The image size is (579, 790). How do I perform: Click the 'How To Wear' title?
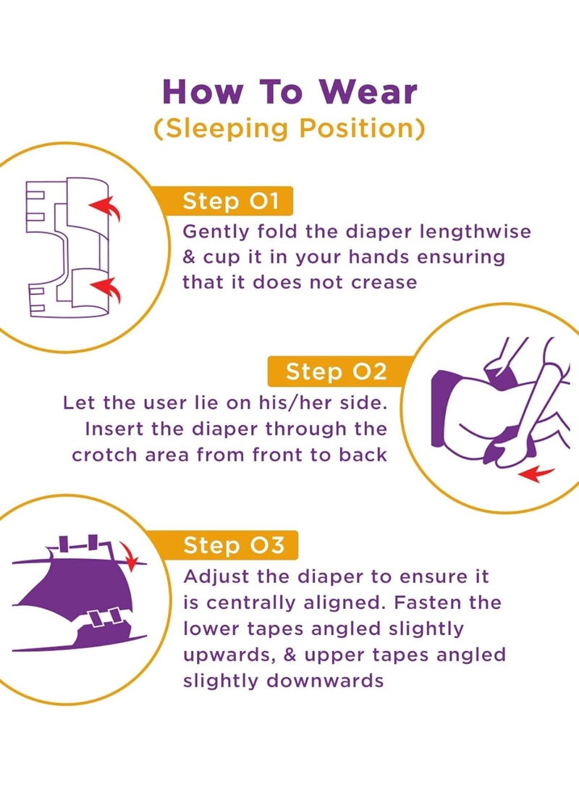click(289, 92)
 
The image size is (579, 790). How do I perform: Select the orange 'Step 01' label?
click(230, 201)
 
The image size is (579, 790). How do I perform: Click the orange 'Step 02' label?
click(336, 371)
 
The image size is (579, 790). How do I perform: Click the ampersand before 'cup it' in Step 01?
click(190, 257)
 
